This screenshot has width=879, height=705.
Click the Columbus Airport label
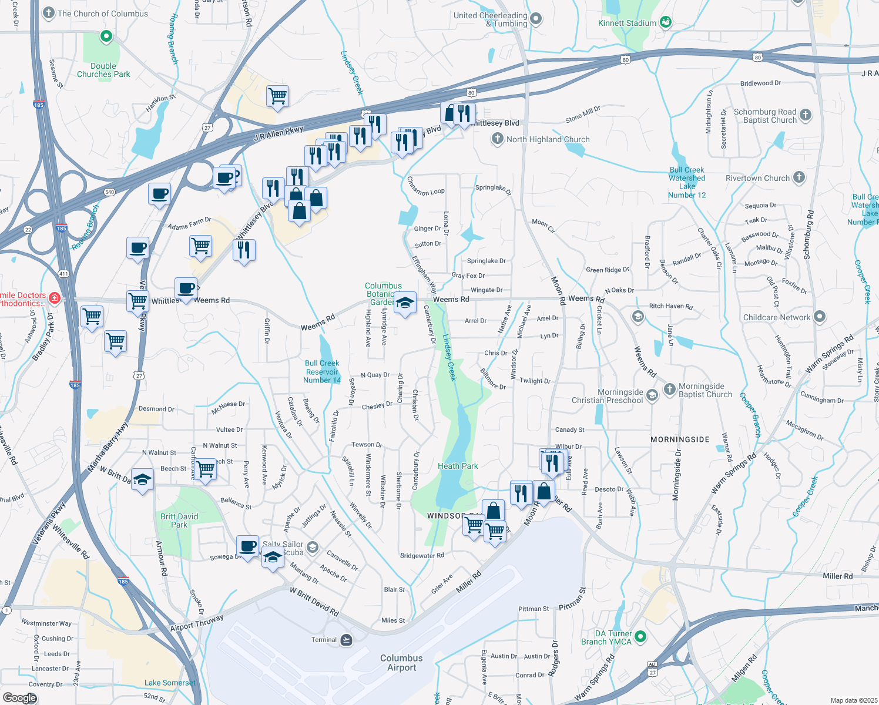401,663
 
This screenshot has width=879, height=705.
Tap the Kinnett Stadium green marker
666,23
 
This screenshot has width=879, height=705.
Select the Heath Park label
458,466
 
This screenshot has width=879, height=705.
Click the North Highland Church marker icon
498,139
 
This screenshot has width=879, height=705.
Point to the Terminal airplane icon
347,640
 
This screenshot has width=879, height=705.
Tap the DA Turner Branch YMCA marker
641,636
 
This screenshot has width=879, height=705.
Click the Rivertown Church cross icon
799,177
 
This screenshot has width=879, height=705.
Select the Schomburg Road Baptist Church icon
806,115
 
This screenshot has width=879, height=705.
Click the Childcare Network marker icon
820,317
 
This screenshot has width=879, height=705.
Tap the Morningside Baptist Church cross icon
670,389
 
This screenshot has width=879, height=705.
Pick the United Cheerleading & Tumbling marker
536,19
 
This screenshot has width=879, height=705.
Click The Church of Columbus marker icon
49,13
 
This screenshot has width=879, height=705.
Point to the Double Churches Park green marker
106,37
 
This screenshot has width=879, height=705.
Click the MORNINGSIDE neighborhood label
680,439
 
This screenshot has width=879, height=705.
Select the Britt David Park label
179,521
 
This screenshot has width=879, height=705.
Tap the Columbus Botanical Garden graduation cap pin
405,304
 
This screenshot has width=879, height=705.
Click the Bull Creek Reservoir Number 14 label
322,372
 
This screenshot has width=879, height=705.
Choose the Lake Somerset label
170,683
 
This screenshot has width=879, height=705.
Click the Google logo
20,697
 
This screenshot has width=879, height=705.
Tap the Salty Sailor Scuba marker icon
313,548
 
